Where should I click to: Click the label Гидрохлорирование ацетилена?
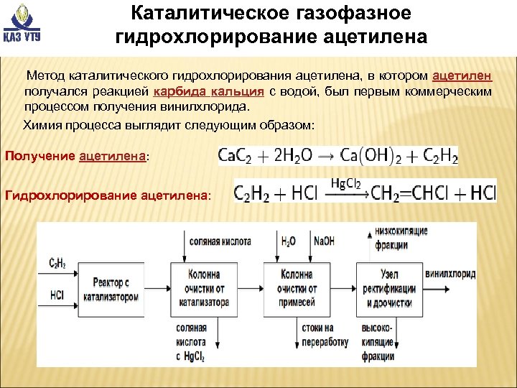pyautogui.click(x=108, y=194)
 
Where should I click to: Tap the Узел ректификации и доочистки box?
pyautogui.click(x=390, y=289)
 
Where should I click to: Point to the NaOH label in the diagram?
pyautogui.click(x=322, y=241)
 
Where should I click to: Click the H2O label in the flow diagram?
pyautogui.click(x=289, y=241)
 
